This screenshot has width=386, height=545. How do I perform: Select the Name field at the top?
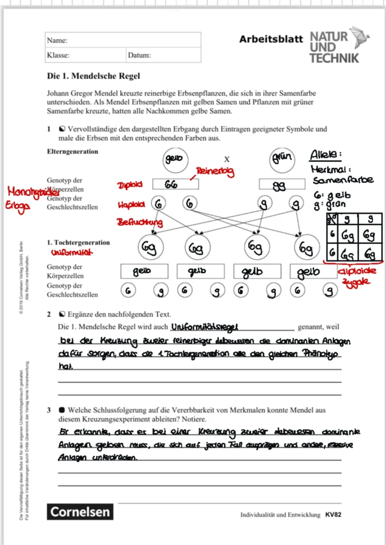click(x=123, y=40)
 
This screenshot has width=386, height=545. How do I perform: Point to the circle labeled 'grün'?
click(x=283, y=159)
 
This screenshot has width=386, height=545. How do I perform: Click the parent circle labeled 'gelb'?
click(x=174, y=159)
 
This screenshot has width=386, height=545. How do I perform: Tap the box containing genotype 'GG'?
click(x=175, y=184)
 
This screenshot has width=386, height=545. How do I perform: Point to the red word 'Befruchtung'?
click(x=140, y=222)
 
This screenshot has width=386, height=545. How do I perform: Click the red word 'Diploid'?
click(x=130, y=185)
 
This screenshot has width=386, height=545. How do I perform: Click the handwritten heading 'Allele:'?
click(x=326, y=155)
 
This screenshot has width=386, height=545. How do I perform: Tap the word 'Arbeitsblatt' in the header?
click(x=271, y=39)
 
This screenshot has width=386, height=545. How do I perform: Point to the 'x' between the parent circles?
click(x=227, y=159)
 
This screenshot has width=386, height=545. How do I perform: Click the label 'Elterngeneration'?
click(x=72, y=151)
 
